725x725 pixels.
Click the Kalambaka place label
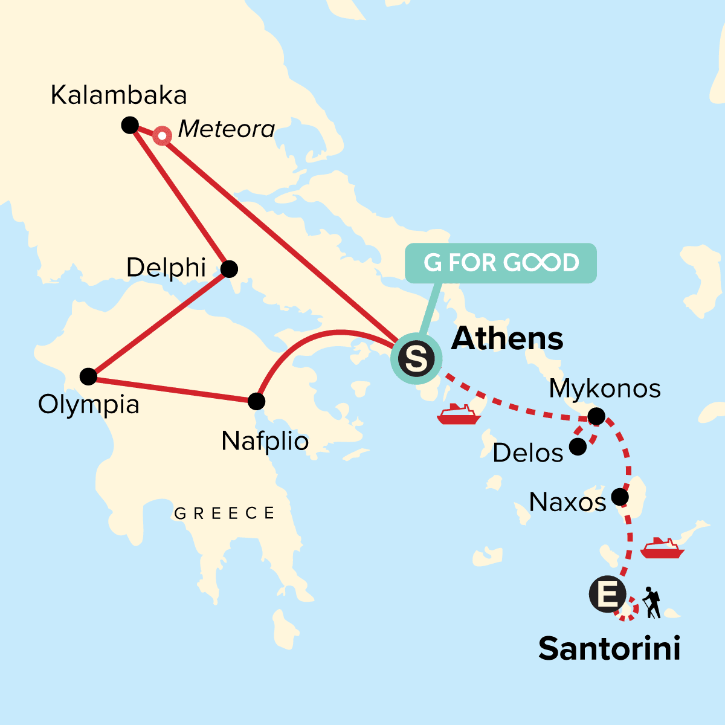click(118, 95)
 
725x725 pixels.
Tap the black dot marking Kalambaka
click(130, 125)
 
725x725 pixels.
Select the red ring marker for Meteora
click(162, 136)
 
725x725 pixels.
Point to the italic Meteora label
click(227, 129)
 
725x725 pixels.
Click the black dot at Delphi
click(229, 269)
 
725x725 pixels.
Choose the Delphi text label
click(166, 268)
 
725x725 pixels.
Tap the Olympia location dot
click(88, 376)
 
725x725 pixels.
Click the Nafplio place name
click(265, 441)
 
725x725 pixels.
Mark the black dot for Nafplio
click(257, 401)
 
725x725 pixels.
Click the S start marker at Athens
click(417, 358)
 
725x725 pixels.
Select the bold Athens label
click(507, 338)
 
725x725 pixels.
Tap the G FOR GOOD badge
click(501, 263)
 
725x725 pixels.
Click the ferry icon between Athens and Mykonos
click(458, 414)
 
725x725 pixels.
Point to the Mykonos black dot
click(596, 416)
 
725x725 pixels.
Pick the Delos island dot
click(578, 447)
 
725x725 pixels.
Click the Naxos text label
click(567, 502)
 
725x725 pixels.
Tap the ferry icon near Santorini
click(662, 548)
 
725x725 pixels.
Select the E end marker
click(608, 595)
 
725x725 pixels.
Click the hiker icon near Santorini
click(651, 602)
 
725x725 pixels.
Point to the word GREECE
click(224, 514)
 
